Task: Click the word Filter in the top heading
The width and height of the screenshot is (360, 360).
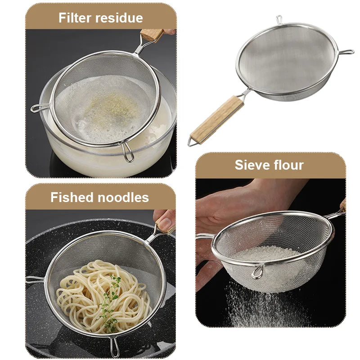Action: click(x=77, y=18)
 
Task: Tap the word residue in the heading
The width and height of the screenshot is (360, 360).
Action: click(x=120, y=18)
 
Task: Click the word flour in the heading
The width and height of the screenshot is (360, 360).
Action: click(x=289, y=165)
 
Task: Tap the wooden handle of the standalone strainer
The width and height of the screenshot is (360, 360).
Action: click(x=218, y=119)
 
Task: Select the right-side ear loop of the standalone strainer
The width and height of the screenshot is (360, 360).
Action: click(x=346, y=53)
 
